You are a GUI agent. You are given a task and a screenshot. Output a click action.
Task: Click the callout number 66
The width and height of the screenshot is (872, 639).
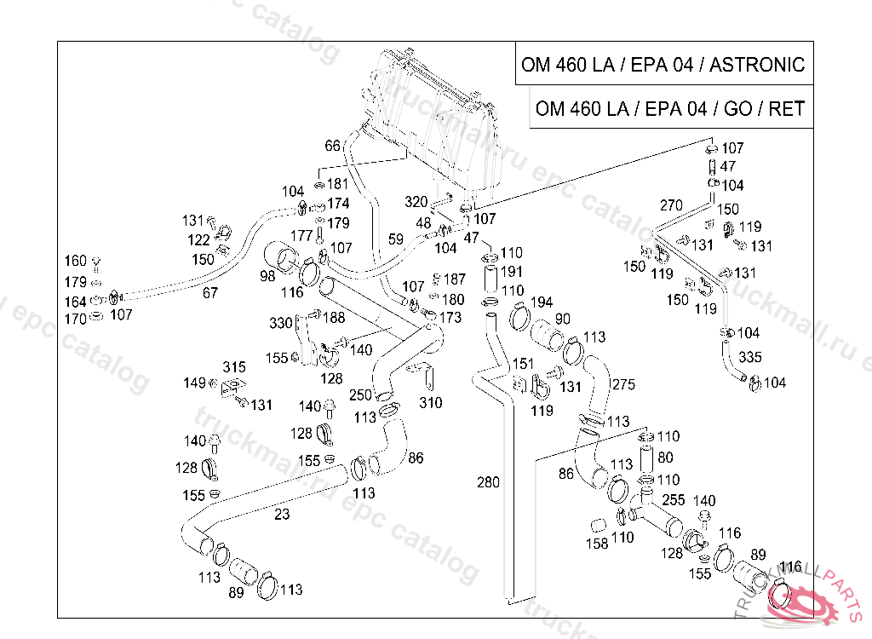332,146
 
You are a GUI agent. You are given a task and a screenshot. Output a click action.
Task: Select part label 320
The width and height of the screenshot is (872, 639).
416,202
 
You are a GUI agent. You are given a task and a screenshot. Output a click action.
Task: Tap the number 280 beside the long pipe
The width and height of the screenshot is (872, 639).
488,483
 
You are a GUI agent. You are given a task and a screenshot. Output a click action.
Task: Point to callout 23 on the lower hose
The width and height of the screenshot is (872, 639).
282,514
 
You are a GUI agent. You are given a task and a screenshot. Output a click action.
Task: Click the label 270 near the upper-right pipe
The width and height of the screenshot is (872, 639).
671,205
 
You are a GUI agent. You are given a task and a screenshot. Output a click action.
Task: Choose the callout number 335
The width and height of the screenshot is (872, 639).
750,356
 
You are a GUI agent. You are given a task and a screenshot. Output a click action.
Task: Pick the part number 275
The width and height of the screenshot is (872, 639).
623,384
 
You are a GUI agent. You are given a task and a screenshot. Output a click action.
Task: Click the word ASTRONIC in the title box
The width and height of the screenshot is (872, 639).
756,65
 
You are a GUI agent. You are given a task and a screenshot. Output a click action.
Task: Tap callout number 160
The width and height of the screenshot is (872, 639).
76,262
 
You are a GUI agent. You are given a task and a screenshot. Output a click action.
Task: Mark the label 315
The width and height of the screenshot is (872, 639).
234,367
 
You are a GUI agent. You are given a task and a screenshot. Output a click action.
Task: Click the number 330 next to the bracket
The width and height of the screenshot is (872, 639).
281,323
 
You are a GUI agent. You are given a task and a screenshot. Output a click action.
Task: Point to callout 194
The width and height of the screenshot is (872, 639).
542,302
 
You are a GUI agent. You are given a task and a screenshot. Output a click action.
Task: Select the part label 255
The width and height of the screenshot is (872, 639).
673,500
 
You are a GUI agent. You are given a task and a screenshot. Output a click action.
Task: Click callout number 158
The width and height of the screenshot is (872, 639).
597,543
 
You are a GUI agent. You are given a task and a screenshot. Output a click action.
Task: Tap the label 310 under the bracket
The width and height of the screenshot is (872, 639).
431,402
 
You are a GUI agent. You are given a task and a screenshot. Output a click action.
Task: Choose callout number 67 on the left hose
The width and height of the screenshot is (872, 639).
209,292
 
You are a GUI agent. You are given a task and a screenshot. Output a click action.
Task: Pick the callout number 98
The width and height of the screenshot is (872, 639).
267,276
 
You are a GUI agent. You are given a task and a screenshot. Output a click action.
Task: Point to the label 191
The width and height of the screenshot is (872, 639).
511,272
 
